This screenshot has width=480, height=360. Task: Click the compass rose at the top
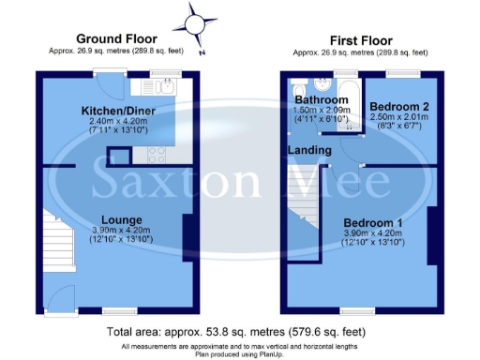click(197, 20)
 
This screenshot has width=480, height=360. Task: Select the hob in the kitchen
click(156, 156)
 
